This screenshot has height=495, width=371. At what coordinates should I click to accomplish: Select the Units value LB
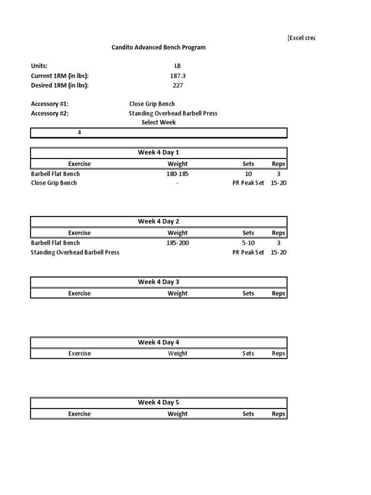point(177,66)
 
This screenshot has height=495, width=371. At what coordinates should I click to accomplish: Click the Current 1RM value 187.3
point(177,76)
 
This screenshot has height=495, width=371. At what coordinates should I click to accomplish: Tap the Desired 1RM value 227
point(177,86)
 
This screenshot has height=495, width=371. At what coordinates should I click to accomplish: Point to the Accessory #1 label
point(50,104)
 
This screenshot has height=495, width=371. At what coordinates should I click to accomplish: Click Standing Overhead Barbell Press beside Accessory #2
point(172,113)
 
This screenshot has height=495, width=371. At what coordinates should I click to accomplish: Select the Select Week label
point(158,122)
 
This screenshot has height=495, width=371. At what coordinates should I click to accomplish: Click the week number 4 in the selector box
point(79,133)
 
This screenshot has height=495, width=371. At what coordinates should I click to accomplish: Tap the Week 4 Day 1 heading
point(158,153)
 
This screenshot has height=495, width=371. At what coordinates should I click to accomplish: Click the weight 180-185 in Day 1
point(177,174)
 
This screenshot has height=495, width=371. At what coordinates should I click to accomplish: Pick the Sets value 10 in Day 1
point(248,174)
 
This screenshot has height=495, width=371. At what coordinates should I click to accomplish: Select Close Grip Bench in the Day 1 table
point(54,183)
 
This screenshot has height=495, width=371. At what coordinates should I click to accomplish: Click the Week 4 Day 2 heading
point(158,221)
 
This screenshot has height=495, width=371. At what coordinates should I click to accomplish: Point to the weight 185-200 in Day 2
point(177,243)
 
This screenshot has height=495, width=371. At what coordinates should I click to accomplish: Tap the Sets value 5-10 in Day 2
point(248,243)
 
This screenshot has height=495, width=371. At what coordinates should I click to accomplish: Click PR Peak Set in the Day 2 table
point(248,252)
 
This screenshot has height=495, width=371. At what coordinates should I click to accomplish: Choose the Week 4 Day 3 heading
point(158,282)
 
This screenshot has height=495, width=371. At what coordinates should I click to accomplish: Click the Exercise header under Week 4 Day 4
point(79,353)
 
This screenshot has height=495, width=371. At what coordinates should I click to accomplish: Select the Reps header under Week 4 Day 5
point(278,414)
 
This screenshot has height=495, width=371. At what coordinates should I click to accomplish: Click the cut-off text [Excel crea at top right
point(301,38)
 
